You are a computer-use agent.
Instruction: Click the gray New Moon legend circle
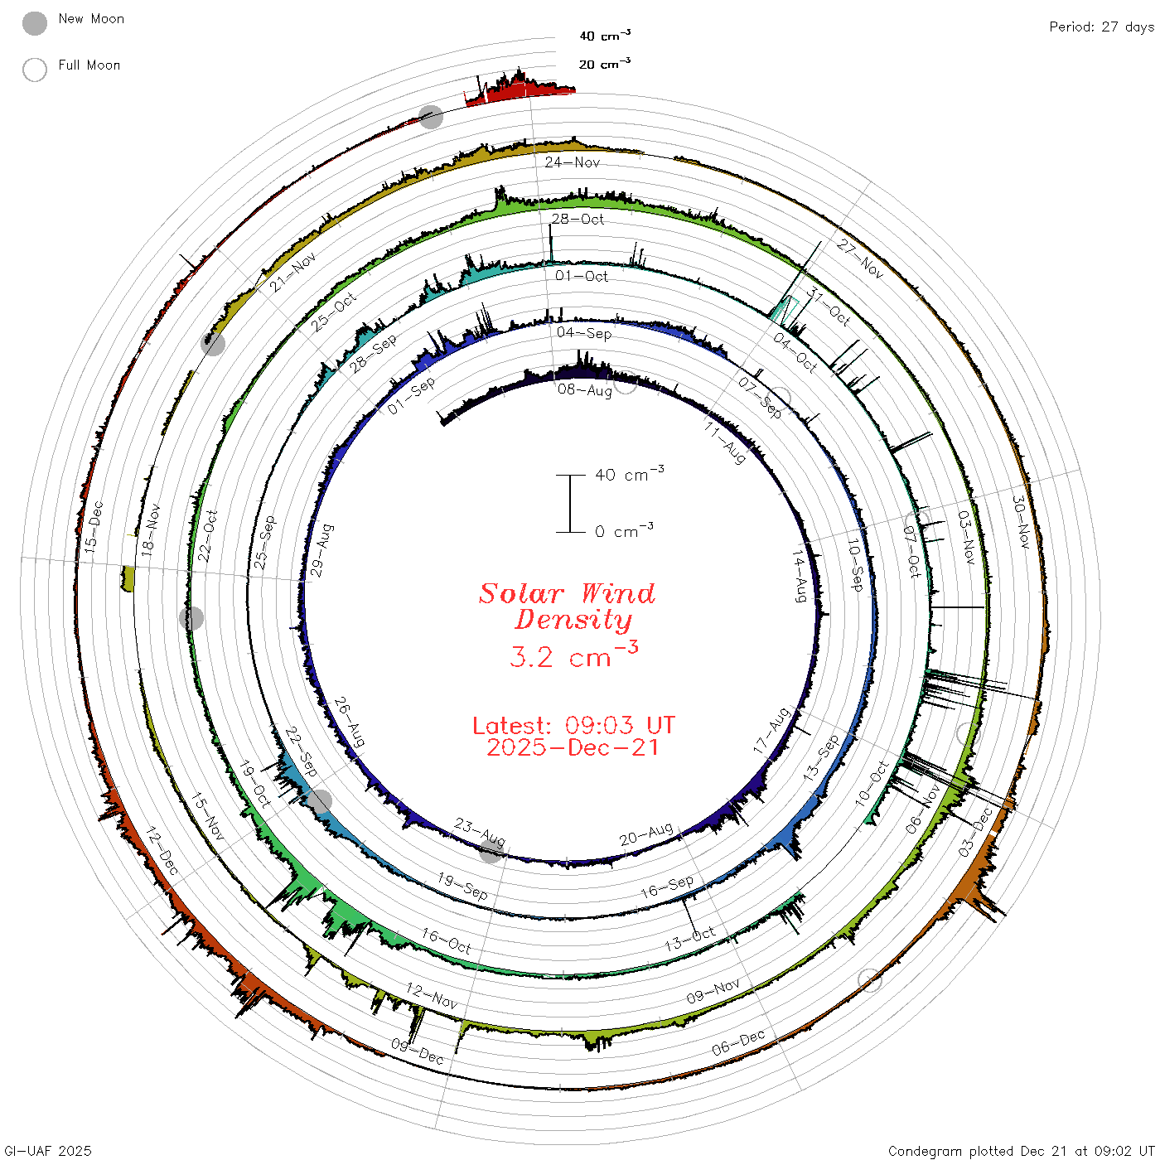pyautogui.click(x=34, y=23)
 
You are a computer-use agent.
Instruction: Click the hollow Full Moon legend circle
pyautogui.click(x=34, y=70)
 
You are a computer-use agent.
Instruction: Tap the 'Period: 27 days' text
pyautogui.click(x=1101, y=27)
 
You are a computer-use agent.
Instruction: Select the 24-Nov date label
pyautogui.click(x=572, y=162)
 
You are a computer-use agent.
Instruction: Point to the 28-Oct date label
pyautogui.click(x=578, y=219)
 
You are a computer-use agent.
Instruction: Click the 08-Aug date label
pyautogui.click(x=584, y=390)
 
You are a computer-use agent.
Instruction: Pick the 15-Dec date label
pyautogui.click(x=94, y=527)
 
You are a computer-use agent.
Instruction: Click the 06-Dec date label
pyautogui.click(x=738, y=1042)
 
